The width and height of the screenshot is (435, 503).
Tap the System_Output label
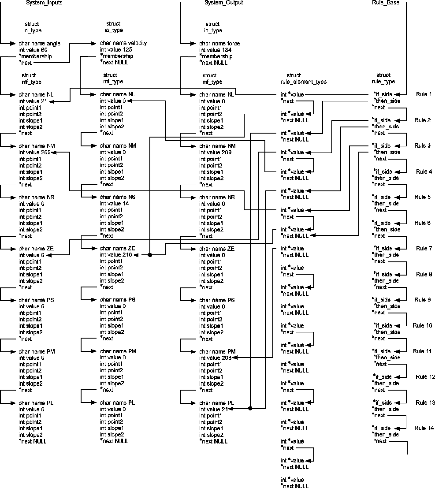pos(224,3)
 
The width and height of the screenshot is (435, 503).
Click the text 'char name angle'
pos(39,44)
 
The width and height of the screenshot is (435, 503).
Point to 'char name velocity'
pos(123,43)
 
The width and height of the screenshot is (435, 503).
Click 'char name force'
pos(219,44)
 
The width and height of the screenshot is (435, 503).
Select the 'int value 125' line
pos(116,50)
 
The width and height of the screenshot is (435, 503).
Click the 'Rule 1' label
pos(424,94)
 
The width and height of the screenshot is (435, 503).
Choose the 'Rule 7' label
pos(424,249)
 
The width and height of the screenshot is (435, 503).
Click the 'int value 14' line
pos(115,204)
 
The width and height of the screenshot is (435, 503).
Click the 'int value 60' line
pos(33,50)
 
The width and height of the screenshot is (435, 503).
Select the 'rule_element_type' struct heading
pos(303,82)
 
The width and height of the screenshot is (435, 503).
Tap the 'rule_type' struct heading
pos(383,82)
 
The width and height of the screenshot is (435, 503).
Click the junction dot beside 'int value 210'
pos(150,255)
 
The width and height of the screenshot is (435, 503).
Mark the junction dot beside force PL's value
pos(250,409)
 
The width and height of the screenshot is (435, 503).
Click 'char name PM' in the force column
pos(217,351)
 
